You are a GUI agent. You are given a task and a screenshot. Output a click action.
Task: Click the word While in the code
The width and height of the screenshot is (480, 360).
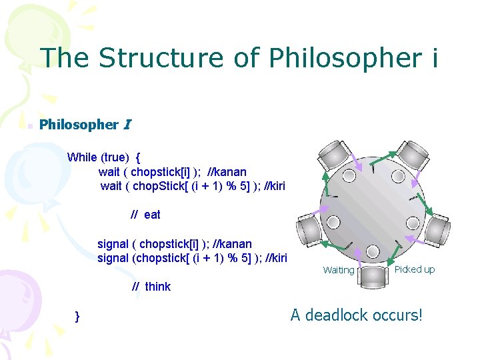coord(82,157)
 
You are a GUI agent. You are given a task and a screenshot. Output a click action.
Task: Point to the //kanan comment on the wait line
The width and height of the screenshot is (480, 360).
coord(227,171)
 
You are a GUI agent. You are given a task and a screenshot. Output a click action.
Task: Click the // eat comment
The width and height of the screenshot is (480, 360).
coord(145,215)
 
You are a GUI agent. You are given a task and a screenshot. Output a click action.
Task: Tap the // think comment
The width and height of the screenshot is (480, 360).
coord(151,287)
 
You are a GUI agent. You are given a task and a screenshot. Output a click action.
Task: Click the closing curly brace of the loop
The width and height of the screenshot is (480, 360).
coord(78,315)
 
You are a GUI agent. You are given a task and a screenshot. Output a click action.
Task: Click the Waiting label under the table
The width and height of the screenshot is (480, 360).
coord(339,270)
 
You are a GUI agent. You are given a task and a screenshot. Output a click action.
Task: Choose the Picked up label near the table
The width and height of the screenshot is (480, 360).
coord(414,269)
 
